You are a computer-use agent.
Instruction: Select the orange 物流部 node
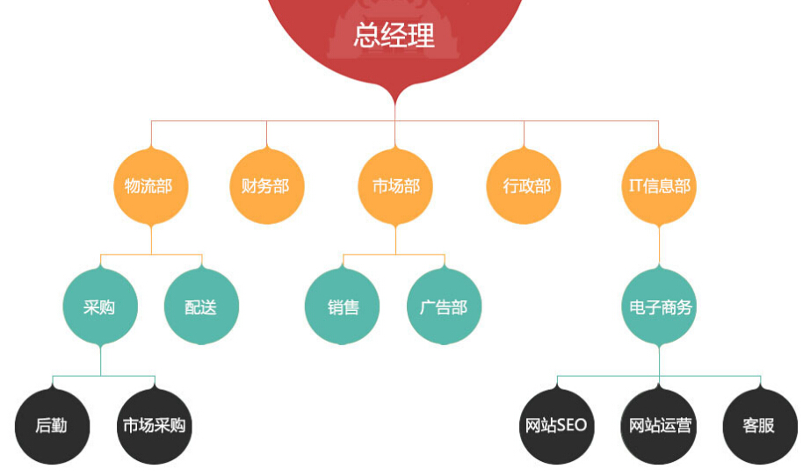click(151, 186)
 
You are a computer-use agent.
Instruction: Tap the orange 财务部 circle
click(267, 186)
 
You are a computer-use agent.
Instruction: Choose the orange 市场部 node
click(395, 186)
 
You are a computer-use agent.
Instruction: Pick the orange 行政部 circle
click(524, 186)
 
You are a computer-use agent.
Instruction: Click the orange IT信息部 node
click(659, 186)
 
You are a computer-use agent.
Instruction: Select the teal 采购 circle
click(100, 307)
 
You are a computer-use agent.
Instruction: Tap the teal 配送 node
click(202, 307)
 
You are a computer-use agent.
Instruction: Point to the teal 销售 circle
click(342, 307)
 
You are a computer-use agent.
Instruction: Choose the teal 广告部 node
click(444, 307)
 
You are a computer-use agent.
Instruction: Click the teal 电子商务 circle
click(659, 307)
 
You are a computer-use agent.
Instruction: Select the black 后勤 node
click(52, 426)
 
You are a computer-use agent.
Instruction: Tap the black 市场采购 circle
click(155, 426)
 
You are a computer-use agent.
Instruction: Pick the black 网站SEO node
click(557, 426)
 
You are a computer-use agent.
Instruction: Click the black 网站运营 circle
click(659, 426)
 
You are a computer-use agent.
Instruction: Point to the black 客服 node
click(760, 426)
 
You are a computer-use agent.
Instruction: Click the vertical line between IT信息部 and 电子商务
click(659, 246)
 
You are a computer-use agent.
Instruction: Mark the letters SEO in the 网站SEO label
click(572, 425)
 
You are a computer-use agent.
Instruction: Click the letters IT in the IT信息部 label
click(635, 185)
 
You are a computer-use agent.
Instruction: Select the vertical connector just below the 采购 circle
click(100, 360)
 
